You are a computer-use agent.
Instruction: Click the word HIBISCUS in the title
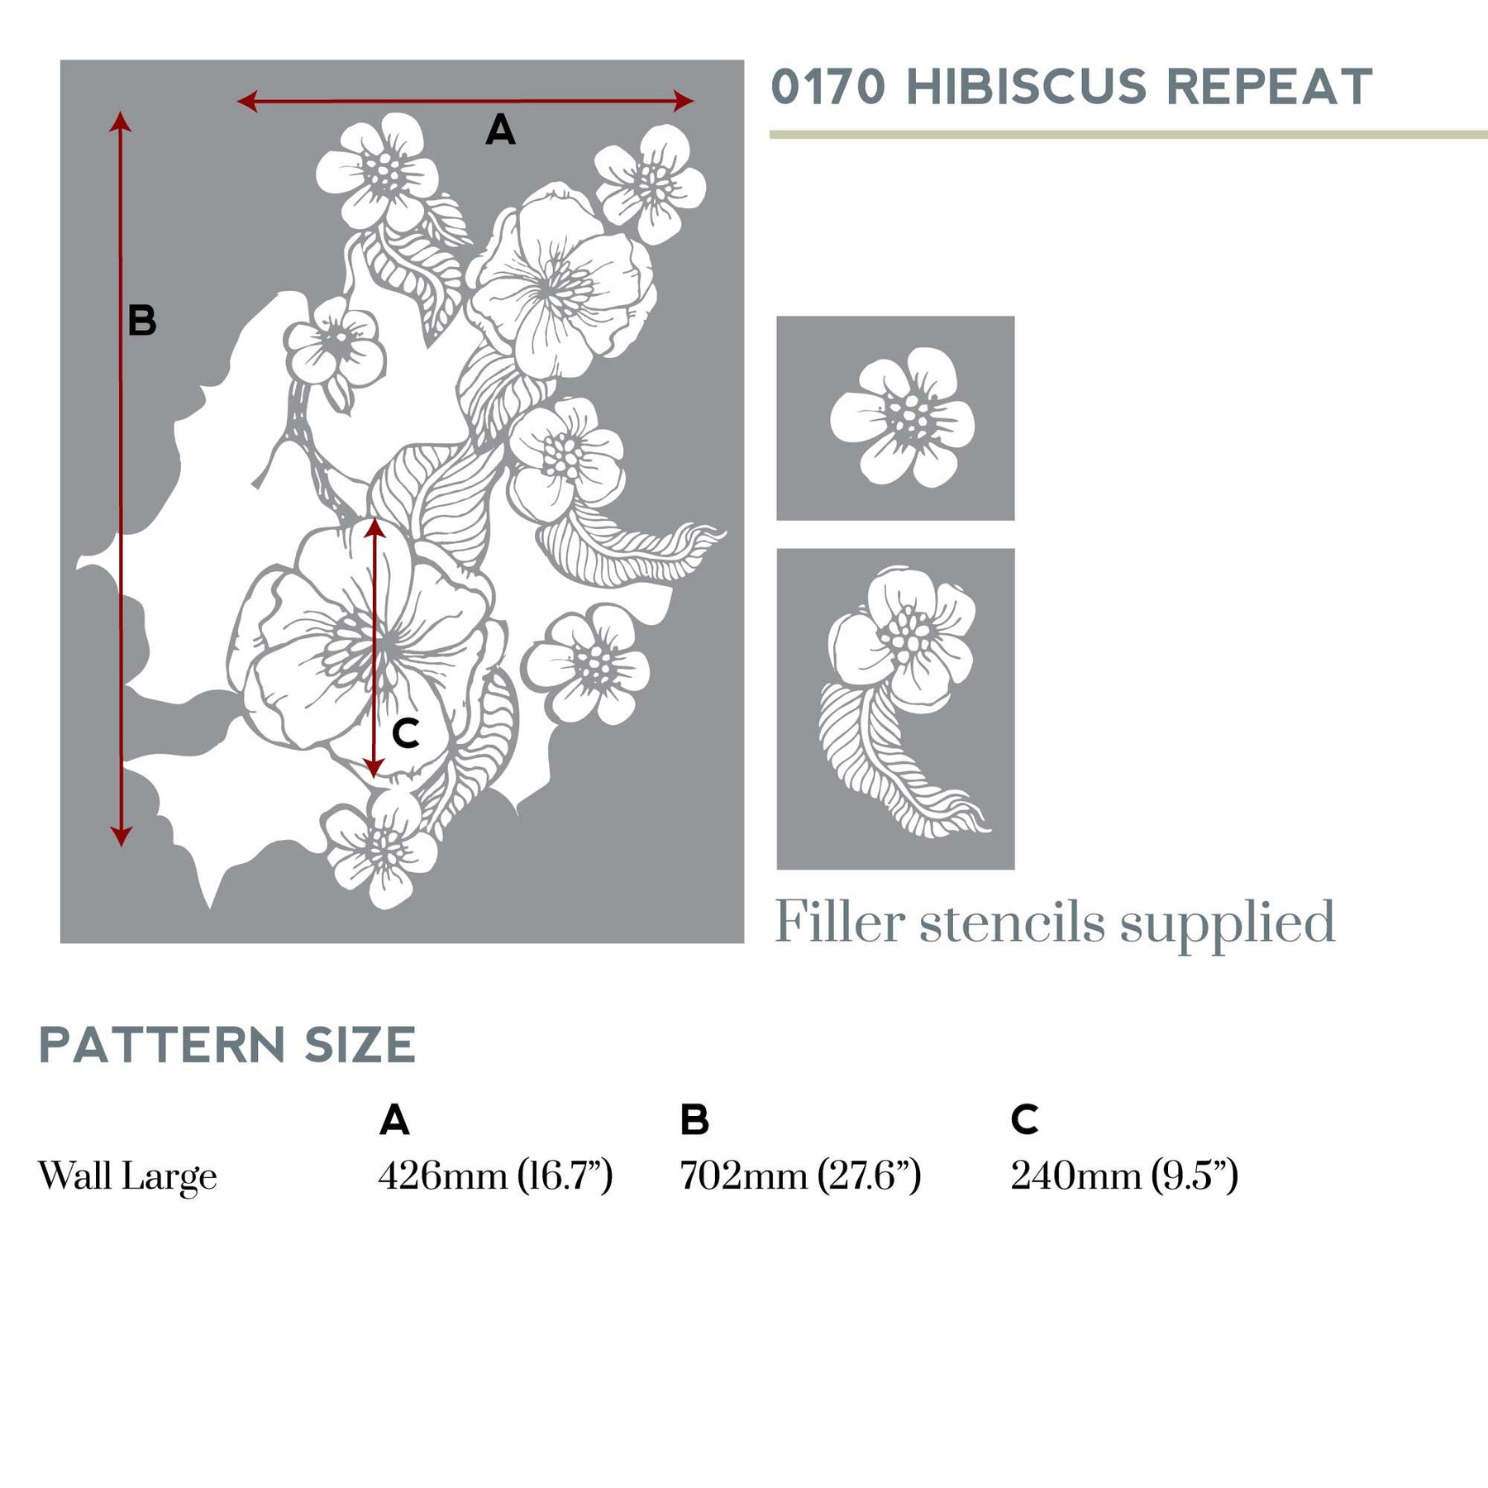point(1026,87)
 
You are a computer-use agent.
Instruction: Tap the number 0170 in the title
point(828,87)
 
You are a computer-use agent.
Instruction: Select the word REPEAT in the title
point(1269,87)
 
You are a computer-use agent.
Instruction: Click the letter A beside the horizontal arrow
point(500,131)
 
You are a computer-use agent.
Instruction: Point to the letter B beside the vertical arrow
point(141,321)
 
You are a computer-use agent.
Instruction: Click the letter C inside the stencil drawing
point(405,733)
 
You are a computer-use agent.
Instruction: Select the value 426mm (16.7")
point(494,1176)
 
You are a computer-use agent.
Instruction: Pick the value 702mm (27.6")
point(799,1176)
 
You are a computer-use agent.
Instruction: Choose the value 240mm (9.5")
point(1123,1176)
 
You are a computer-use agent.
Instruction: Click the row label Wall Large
point(127,1176)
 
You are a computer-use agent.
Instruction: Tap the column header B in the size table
point(694,1120)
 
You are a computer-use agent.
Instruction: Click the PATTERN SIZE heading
point(227,1046)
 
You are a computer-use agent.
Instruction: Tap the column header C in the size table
point(1024,1120)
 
